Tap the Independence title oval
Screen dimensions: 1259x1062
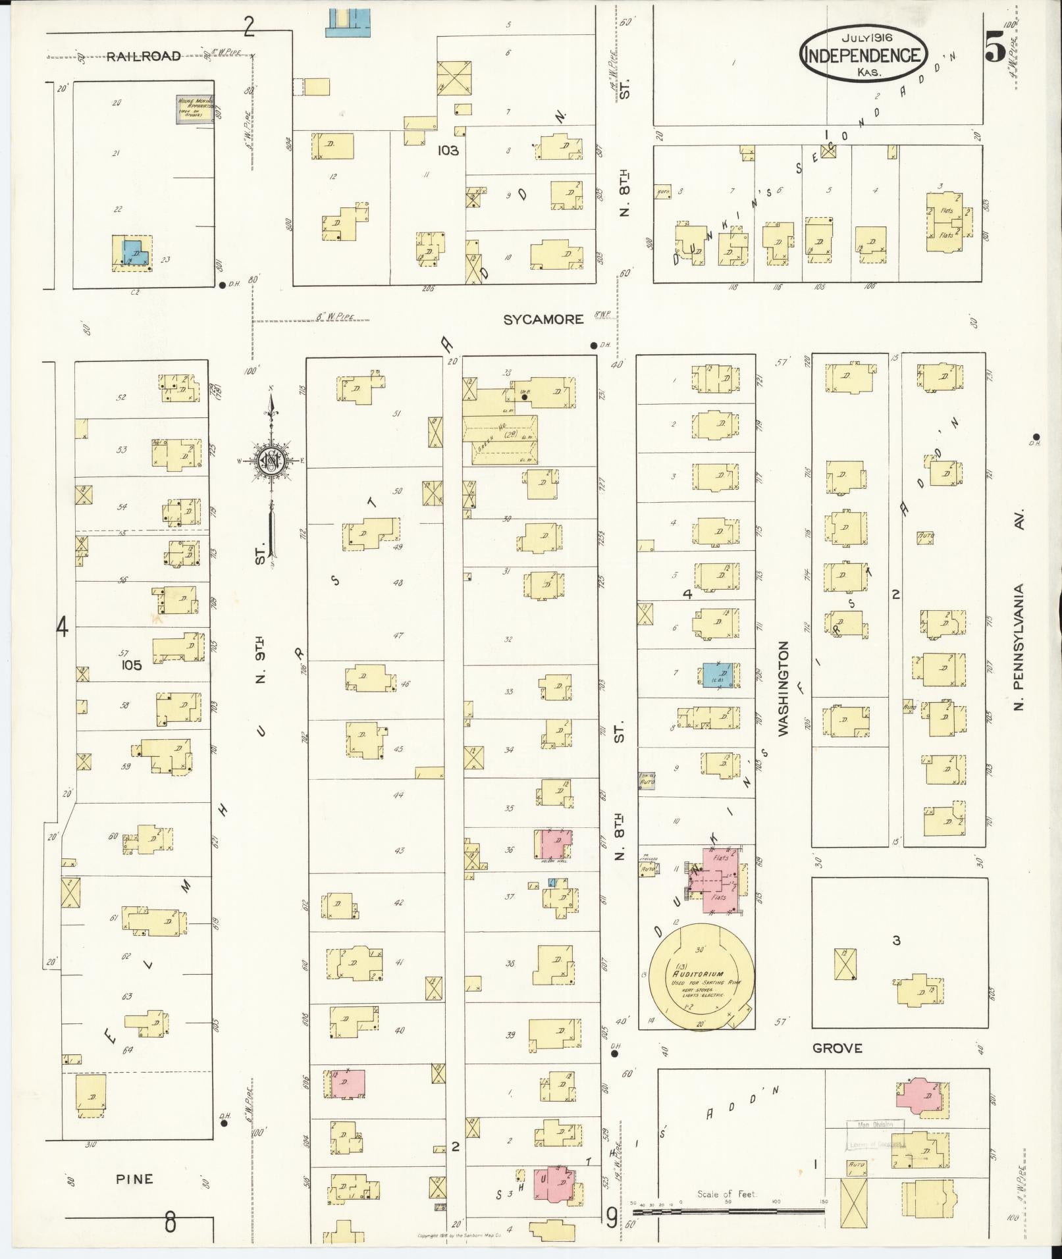pos(864,55)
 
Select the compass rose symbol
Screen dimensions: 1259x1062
pos(270,461)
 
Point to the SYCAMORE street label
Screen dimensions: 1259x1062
pos(543,319)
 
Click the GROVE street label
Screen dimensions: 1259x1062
pos(837,1048)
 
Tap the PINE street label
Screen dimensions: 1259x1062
pos(134,1179)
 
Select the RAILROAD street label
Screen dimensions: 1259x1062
pos(144,56)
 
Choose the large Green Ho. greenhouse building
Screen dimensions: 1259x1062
pos(500,440)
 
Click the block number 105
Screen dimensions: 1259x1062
pos(131,665)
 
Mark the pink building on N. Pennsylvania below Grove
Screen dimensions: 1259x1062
pos(920,1097)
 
